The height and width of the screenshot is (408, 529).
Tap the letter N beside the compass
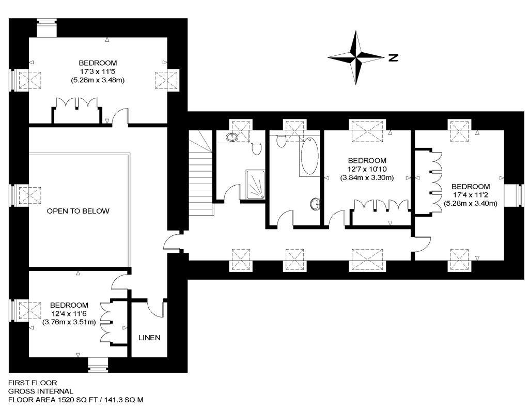click(393, 57)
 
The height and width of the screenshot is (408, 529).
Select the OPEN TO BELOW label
click(78, 211)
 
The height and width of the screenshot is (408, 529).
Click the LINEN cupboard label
click(149, 338)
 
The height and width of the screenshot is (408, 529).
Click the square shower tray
click(254, 185)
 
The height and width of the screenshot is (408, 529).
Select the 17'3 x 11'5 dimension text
click(98, 72)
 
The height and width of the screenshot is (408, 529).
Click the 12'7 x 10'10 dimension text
click(367, 169)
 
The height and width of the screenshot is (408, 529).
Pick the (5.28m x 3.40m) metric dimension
click(470, 203)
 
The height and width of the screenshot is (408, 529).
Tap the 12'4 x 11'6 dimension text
click(69, 314)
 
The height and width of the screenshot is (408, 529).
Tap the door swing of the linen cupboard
click(156, 308)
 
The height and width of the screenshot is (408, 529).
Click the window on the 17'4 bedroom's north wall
click(514, 195)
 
